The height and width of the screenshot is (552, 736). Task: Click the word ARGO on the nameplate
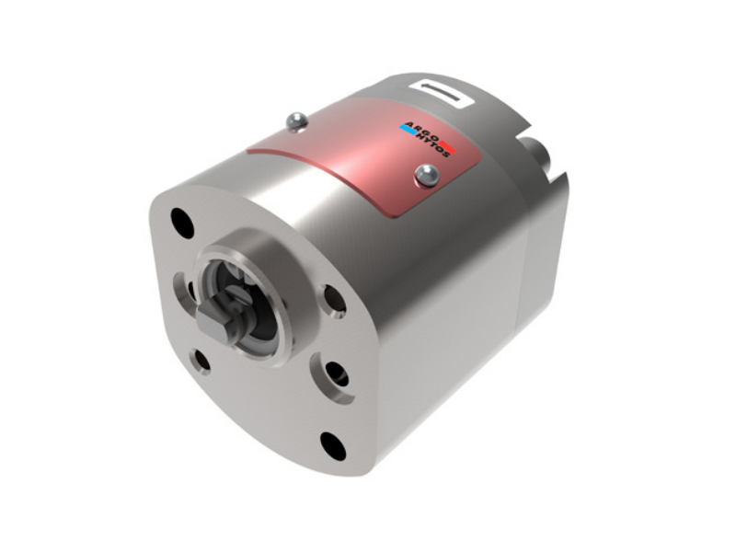[421, 131]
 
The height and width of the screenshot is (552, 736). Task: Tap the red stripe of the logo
[448, 146]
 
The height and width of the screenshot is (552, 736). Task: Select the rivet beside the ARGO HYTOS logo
[427, 176]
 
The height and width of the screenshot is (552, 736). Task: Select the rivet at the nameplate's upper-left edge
[296, 121]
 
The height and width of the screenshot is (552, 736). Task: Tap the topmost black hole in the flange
[182, 223]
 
